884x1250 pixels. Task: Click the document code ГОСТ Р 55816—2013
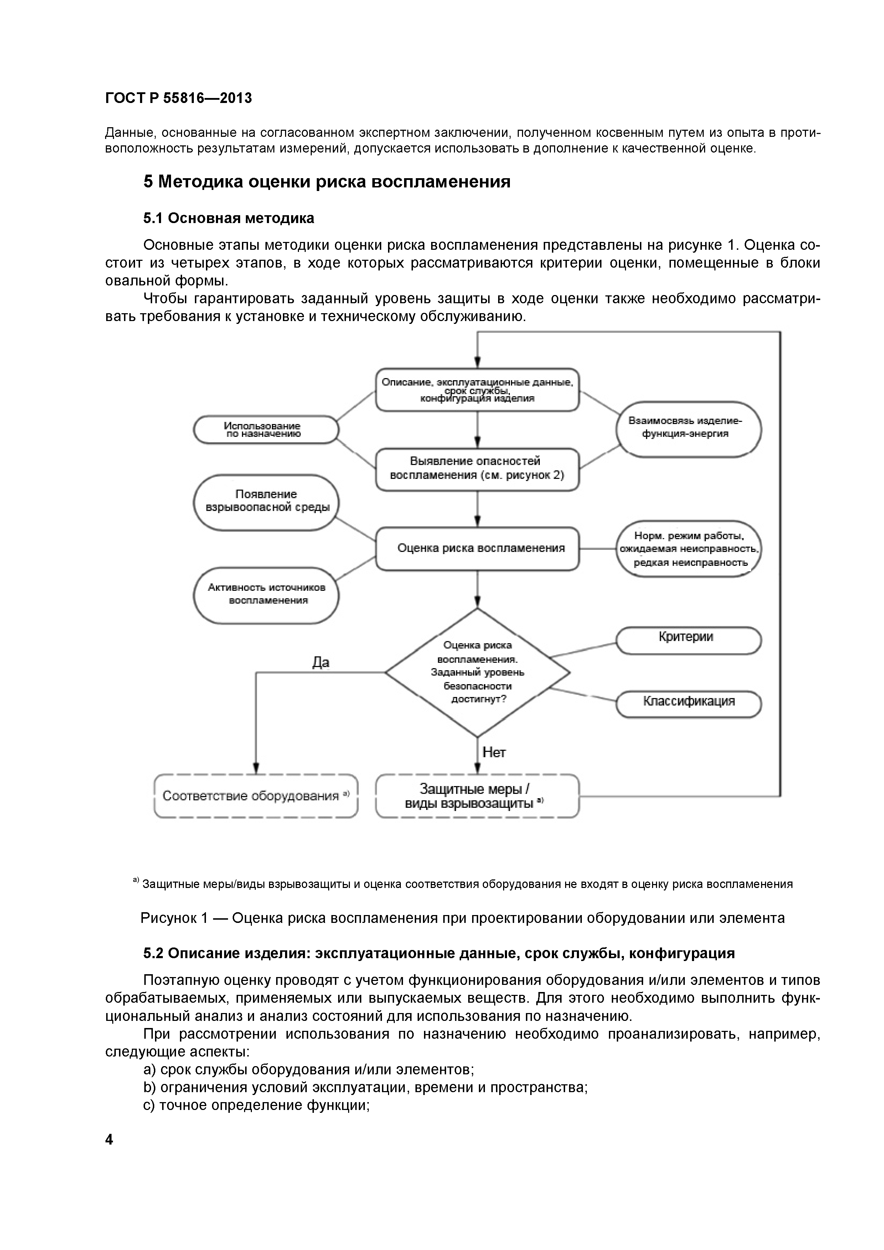(x=179, y=99)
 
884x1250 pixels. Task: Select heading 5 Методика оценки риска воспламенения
(x=327, y=182)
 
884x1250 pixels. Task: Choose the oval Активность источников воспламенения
(x=266, y=594)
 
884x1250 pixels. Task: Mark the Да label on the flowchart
(x=321, y=662)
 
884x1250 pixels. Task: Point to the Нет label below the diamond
(x=494, y=753)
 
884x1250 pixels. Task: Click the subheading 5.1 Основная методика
(x=229, y=218)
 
